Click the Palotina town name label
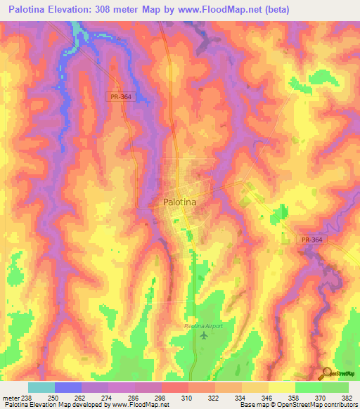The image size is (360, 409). coord(179,202)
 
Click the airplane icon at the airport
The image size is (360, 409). coord(204,335)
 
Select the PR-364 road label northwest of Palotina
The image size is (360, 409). coord(121,96)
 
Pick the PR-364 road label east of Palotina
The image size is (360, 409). coord(311,240)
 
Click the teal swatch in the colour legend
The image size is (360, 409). coord(41,387)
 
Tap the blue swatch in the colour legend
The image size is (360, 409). coord(68,387)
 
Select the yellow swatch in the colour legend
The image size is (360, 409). coord(282,387)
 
